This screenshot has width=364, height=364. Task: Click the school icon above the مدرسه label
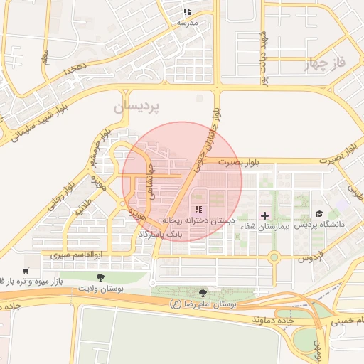pos(187,12)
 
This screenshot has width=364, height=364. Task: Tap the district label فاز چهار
pos(324,65)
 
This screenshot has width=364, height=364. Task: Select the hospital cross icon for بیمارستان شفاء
pos(265,215)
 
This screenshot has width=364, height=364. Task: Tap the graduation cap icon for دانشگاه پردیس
pos(319,214)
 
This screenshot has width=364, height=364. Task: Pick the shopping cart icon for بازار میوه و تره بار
pos(26,271)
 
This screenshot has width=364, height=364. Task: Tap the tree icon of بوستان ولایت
pos(100,277)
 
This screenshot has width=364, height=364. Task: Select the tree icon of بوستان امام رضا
pos(203,293)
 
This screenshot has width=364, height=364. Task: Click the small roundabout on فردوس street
pos(273,257)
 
